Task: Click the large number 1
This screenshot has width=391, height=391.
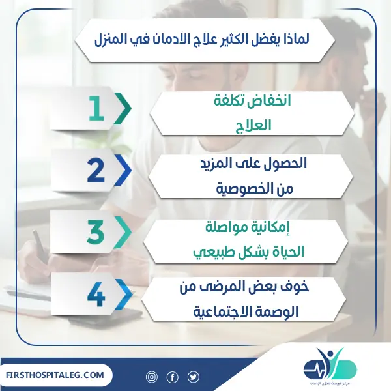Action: pos(97,109)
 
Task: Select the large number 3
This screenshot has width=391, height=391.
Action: pos(96,233)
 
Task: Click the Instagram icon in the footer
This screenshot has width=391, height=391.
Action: pos(152,377)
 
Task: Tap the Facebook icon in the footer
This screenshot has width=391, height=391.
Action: pos(173,377)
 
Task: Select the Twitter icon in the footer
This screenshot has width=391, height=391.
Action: pos(193,377)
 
